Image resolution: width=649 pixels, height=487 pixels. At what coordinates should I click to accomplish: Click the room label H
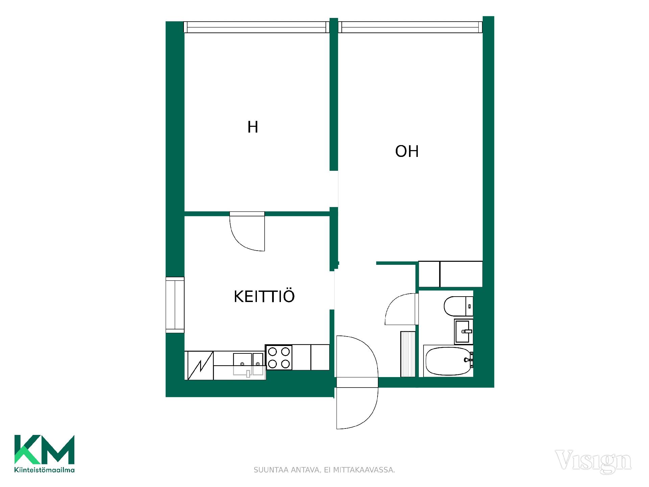pyautogui.click(x=253, y=127)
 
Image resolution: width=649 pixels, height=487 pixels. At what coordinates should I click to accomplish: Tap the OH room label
pyautogui.click(x=407, y=152)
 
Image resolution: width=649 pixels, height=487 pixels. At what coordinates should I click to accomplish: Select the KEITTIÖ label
pyautogui.click(x=264, y=296)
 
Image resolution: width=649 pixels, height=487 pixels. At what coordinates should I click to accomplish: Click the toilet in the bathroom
pyautogui.click(x=458, y=306)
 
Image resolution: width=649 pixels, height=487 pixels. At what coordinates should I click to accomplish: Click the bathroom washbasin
pyautogui.click(x=464, y=331)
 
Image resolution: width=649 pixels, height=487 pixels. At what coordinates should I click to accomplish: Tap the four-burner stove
pyautogui.click(x=279, y=357)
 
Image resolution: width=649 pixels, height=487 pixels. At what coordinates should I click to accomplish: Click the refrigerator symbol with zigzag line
pyautogui.click(x=200, y=366)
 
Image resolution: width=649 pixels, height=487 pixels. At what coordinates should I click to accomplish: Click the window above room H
pyautogui.click(x=257, y=27)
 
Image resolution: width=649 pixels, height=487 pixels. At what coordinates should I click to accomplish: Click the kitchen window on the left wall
pyautogui.click(x=175, y=305)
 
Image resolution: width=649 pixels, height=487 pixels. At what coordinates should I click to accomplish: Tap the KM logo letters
pyautogui.click(x=44, y=449)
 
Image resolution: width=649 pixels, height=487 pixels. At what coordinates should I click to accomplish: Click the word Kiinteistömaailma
pyautogui.click(x=44, y=470)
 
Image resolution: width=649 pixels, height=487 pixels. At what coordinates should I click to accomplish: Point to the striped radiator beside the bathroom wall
pyautogui.click(x=408, y=354)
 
